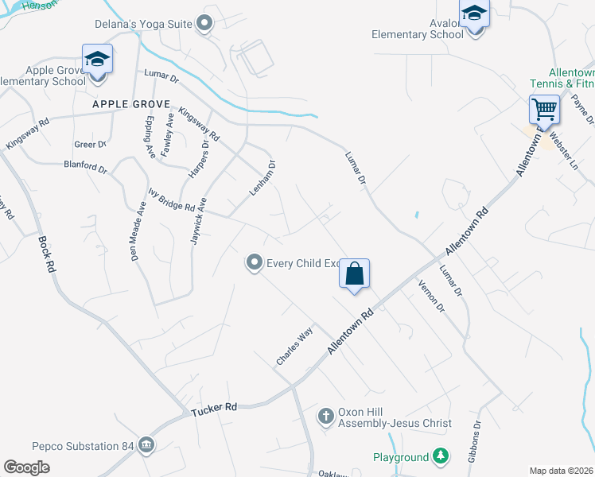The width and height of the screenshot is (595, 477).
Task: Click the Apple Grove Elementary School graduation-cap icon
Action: tap(97, 60)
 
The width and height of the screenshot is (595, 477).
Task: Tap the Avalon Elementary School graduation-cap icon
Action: tap(474, 14)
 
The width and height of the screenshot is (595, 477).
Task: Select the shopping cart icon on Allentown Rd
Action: tap(545, 108)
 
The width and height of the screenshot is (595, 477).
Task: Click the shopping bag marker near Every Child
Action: tap(355, 274)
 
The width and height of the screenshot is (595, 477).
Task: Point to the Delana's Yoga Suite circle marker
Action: tap(205, 24)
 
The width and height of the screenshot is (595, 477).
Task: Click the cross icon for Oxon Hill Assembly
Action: tap(325, 415)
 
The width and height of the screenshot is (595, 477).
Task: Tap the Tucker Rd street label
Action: tap(215, 408)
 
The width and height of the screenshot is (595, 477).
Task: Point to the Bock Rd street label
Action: tap(46, 255)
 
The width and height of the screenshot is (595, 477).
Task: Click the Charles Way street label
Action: tap(294, 347)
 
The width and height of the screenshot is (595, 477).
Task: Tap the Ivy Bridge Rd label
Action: tap(171, 200)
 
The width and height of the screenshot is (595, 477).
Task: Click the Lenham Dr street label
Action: tap(262, 178)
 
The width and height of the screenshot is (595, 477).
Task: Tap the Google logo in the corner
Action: tap(27, 467)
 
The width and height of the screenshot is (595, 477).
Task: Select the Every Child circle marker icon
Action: tap(254, 262)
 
